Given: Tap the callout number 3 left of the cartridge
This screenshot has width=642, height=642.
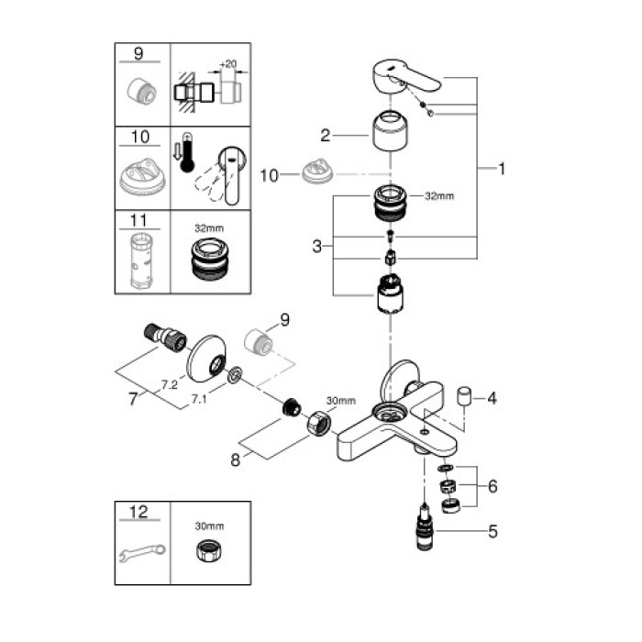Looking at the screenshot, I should pos(315,245).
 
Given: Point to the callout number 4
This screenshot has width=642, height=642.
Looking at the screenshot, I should pos(492,398).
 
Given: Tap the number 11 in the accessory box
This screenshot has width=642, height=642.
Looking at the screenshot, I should pos(140,220).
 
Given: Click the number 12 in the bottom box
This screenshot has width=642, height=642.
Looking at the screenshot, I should pos(140,510).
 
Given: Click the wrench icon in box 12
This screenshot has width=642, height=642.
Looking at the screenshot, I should pos(143,552).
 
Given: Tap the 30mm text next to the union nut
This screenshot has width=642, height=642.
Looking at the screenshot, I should pos(339,400).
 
